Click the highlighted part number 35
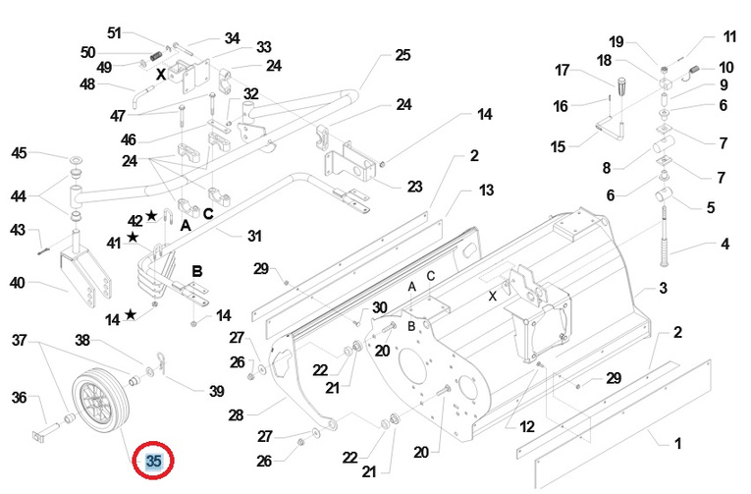click(154, 461)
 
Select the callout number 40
click(18, 283)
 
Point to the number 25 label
click(402, 55)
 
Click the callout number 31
click(254, 236)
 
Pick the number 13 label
click(486, 191)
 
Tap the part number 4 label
click(725, 244)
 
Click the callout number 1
click(677, 443)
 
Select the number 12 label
click(527, 426)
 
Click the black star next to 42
click(151, 215)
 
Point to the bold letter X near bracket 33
click(161, 75)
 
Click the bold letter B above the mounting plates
click(197, 271)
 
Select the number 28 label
click(236, 415)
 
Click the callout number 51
click(114, 33)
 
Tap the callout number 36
click(20, 397)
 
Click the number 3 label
click(663, 288)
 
